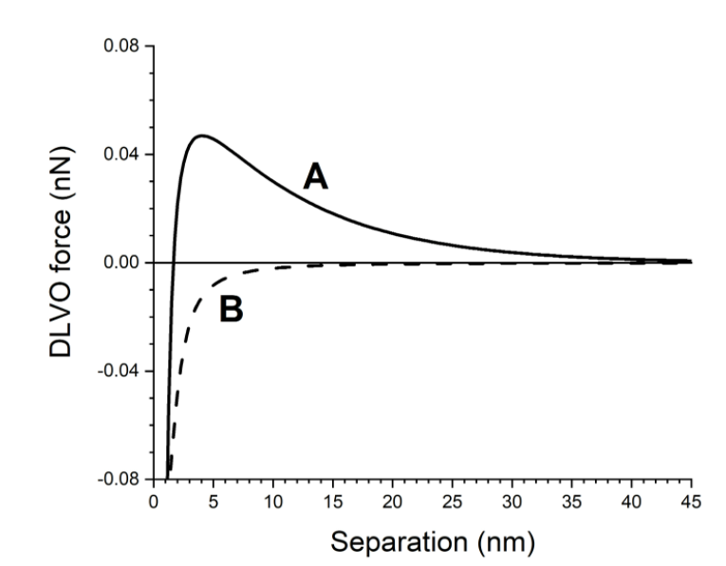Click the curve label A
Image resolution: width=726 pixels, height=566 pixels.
[x=315, y=176]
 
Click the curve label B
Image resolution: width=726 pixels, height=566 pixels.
[x=231, y=309]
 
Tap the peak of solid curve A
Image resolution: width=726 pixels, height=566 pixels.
[x=202, y=136]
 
